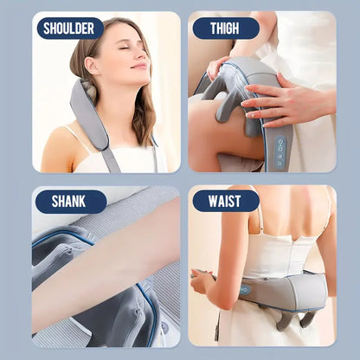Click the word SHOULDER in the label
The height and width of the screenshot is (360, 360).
69,29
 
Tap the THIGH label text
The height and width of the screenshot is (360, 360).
225,29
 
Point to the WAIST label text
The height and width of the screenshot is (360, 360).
225,202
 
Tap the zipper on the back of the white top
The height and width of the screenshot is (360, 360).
276,251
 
